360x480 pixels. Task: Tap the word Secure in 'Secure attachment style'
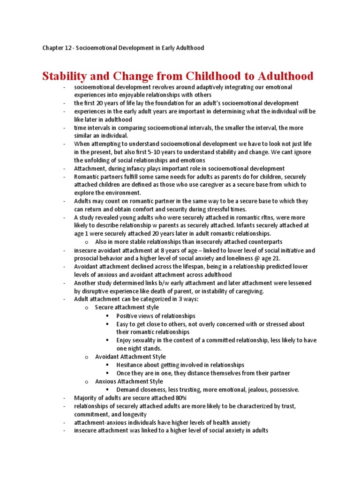click(x=104, y=307)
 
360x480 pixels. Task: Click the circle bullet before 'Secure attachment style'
click(x=87, y=307)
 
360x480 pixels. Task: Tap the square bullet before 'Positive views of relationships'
click(x=108, y=316)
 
